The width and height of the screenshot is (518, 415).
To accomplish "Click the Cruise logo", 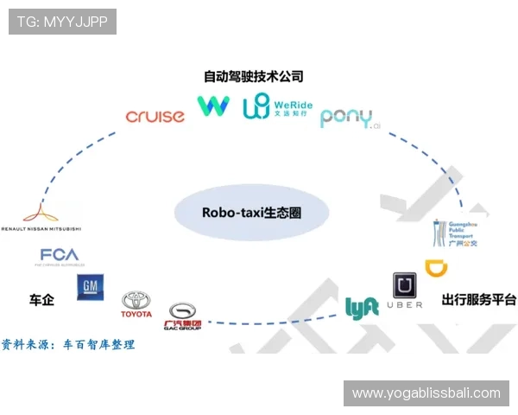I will click(x=155, y=117).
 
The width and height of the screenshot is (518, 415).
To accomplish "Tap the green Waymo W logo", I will click(x=213, y=105).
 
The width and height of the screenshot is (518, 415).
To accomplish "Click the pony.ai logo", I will click(x=348, y=118).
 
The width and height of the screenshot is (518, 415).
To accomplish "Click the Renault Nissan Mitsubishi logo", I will click(x=41, y=217).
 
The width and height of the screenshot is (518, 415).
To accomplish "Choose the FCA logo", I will click(x=60, y=256).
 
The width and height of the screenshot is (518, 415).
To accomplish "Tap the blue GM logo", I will click(x=91, y=287).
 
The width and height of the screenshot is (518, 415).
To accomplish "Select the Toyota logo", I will click(x=136, y=303).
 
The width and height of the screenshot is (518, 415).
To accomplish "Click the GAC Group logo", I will click(x=182, y=316).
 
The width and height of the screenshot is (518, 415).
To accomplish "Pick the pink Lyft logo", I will click(x=362, y=308).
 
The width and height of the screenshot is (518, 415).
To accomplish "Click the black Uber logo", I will click(x=405, y=290).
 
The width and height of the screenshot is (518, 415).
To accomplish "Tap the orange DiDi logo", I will click(x=436, y=269).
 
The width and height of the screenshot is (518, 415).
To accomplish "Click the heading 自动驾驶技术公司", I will click(x=253, y=76).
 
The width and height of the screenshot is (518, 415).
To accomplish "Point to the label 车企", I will click(x=41, y=300).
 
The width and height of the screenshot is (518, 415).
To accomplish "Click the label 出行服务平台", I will click(x=478, y=300).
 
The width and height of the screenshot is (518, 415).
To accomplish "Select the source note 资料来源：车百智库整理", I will click(x=68, y=344).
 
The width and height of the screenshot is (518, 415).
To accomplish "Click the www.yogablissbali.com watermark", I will click(x=426, y=393).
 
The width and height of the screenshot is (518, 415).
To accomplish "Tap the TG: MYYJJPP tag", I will click(x=62, y=22).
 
